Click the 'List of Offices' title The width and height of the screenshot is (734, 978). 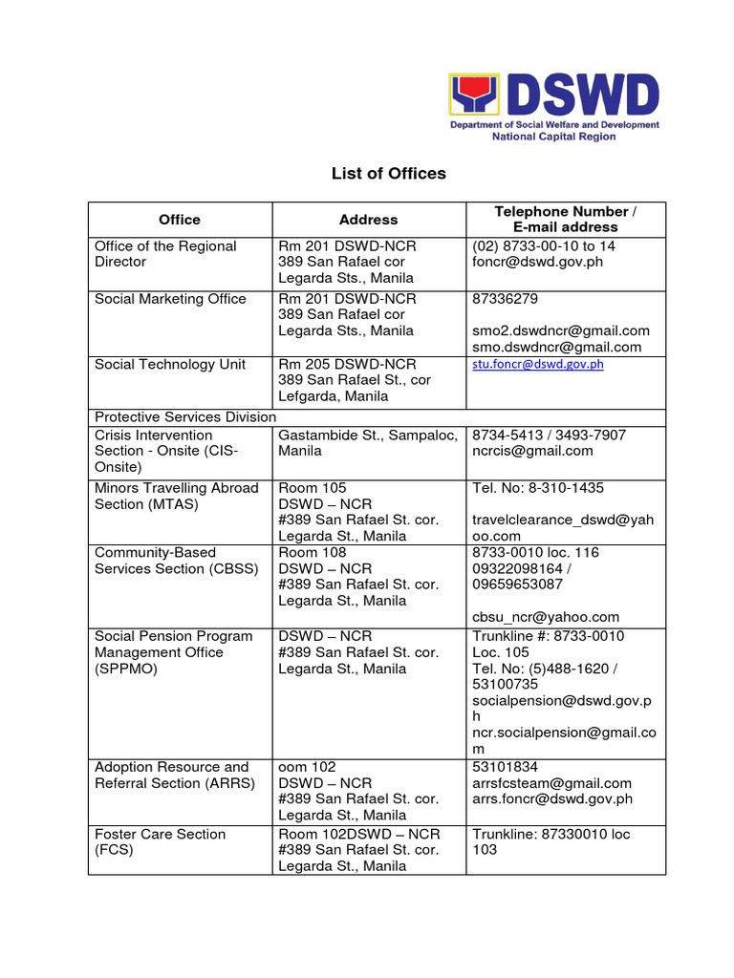(x=388, y=173)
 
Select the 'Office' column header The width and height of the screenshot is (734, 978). (x=180, y=220)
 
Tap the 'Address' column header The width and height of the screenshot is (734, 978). (x=368, y=220)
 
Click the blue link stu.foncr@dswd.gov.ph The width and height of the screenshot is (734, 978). (x=538, y=364)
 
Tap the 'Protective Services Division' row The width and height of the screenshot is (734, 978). (x=185, y=417)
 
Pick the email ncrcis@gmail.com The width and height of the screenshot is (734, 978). (x=532, y=451)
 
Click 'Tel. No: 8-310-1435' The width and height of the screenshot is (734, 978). (x=537, y=488)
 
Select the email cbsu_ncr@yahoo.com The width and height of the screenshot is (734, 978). (x=546, y=617)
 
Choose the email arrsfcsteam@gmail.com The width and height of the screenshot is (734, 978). (x=551, y=783)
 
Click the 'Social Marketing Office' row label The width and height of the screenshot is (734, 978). (x=170, y=299)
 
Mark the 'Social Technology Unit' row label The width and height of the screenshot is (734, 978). (x=169, y=364)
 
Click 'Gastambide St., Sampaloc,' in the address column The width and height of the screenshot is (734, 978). (x=361, y=435)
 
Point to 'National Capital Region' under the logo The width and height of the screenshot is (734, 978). (x=553, y=137)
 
